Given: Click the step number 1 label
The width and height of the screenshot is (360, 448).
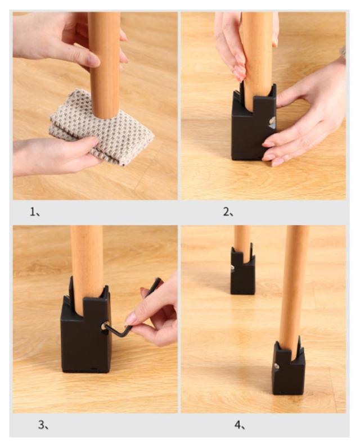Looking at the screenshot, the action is point(35,212).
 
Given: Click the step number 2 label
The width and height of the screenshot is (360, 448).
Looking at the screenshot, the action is point(228,212).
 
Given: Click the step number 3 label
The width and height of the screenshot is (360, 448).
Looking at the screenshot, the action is point(43,425).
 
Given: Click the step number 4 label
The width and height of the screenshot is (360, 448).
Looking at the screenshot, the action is point(240,425).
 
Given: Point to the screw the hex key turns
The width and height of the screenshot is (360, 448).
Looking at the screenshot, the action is point(105,325).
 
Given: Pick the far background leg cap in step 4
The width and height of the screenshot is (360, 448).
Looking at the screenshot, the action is point(242,271).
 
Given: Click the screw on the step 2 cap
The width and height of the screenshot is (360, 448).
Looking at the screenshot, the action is point(272,121).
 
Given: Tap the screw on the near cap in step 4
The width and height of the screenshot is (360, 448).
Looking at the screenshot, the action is point(277,366).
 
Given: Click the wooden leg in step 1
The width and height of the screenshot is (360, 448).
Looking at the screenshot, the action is point(103,64).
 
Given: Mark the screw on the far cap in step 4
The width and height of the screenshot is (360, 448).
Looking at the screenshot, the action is point(233,268).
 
